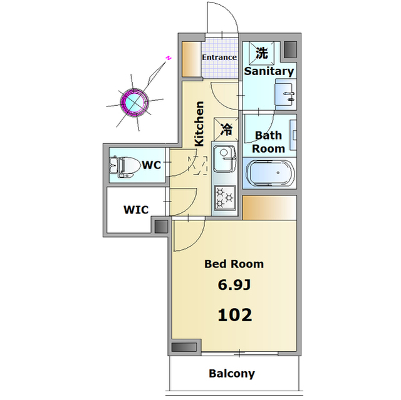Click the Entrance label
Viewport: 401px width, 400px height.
coord(219,57)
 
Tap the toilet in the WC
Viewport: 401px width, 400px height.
coord(125,165)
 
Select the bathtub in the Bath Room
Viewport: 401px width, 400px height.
coord(270,173)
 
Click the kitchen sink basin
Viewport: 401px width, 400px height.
coord(224,159)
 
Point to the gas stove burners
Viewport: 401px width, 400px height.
coord(224,197)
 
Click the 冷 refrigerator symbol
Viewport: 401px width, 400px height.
coord(226,129)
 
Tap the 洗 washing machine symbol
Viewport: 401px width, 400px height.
coord(262,53)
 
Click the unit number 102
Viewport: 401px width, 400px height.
coord(235,315)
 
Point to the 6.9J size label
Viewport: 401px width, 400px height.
coord(234,285)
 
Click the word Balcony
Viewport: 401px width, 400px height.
coord(232,374)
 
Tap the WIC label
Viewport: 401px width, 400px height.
coord(136,210)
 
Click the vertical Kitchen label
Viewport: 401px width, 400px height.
coord(199,123)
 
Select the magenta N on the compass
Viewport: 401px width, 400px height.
coord(168,58)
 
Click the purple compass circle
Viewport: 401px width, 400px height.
coord(134,103)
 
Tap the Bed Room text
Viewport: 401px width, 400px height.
coord(234,264)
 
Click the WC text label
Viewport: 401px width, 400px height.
coord(152,165)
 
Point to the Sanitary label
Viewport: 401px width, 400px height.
coord(269,71)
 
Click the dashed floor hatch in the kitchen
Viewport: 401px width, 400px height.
coord(198,165)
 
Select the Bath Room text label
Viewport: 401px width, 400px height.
coord(268,141)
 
